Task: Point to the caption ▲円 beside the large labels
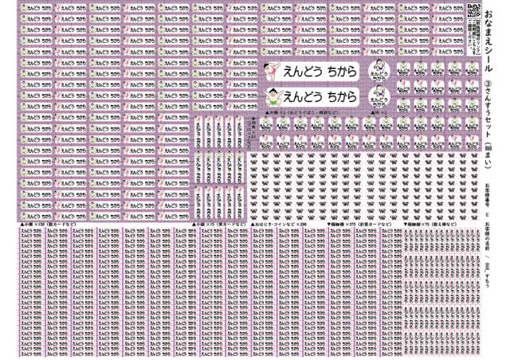[x=378, y=115]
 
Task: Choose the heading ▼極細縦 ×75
[x=430, y=225]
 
